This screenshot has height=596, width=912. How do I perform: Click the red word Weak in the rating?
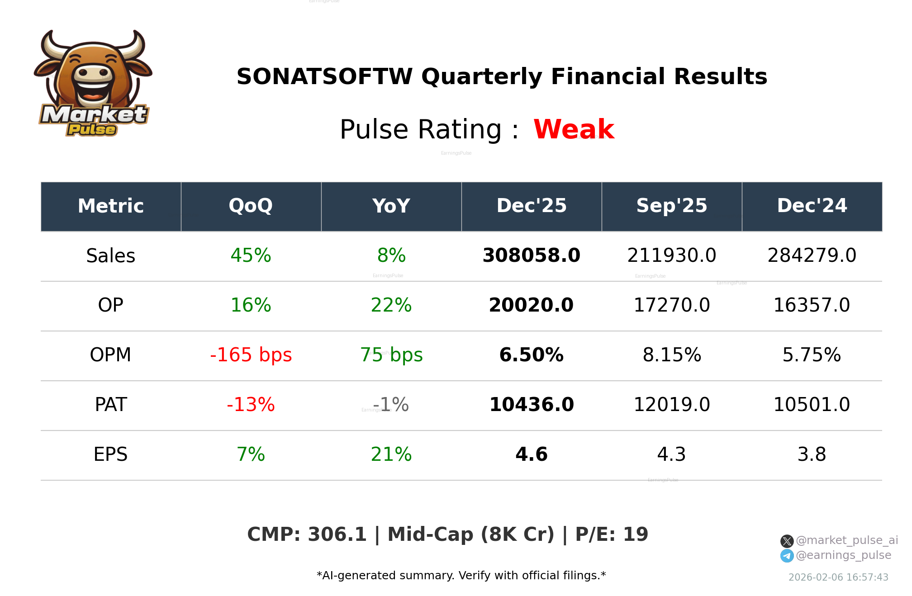(573, 129)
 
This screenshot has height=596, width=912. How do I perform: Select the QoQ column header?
(251, 206)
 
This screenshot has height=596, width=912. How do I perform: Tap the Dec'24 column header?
(812, 206)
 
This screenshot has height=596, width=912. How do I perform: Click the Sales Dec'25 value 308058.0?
(531, 255)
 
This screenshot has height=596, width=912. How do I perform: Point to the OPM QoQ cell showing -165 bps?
(251, 355)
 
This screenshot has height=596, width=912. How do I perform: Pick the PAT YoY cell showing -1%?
(391, 405)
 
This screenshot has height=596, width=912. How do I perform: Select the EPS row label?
(110, 454)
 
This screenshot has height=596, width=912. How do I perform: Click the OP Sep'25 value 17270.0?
(671, 305)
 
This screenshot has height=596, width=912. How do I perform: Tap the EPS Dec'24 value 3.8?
(812, 454)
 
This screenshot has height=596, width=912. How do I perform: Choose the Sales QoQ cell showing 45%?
(251, 255)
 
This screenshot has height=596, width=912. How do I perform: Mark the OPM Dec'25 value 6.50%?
(531, 355)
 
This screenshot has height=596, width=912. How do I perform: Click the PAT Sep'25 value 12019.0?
(671, 405)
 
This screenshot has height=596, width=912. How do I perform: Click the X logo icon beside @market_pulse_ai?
(787, 541)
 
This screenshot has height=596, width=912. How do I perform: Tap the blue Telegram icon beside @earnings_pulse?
(787, 556)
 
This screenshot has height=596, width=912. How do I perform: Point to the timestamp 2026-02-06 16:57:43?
(838, 577)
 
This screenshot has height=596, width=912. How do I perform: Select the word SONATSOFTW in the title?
(324, 77)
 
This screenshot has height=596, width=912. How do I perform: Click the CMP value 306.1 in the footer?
(337, 535)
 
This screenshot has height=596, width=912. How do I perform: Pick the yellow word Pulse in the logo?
(92, 130)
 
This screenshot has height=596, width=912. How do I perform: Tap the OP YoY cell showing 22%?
(391, 305)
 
